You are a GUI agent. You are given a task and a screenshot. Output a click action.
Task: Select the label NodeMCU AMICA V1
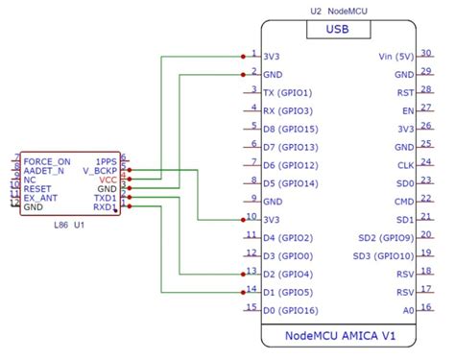click(x=339, y=336)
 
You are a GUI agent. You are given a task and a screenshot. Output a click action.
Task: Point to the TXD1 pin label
click(x=104, y=198)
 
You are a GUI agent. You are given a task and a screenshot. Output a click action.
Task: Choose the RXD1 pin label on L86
click(x=104, y=207)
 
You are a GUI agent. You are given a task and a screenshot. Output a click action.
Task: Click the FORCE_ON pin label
click(x=47, y=161)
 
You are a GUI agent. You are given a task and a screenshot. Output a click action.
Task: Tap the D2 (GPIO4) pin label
click(x=288, y=274)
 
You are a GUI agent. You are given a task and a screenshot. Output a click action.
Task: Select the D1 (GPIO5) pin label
click(x=288, y=291)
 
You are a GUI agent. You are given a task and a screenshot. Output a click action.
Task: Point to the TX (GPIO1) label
click(x=288, y=92)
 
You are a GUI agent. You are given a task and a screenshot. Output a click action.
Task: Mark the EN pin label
click(x=407, y=110)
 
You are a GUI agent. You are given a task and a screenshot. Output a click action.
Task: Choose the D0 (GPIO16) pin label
click(x=290, y=309)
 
